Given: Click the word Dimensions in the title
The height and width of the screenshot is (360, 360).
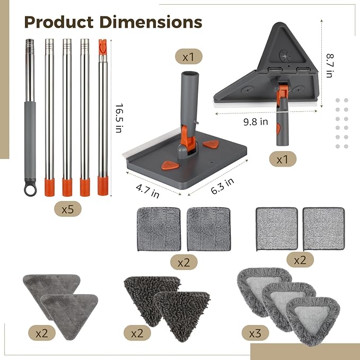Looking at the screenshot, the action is (x=151, y=22).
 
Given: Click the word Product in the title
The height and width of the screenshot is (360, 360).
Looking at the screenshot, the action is (x=59, y=22).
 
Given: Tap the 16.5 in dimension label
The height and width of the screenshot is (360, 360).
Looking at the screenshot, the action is (x=119, y=118).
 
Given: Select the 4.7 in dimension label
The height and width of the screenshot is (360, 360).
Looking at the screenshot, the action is (x=147, y=191).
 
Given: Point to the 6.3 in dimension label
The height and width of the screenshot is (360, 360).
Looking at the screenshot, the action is (x=222, y=186).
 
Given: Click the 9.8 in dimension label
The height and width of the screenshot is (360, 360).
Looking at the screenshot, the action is (x=256, y=122).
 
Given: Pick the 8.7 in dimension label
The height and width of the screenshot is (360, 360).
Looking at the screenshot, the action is (x=330, y=65).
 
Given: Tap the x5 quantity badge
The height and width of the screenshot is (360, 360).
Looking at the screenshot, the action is (x=68, y=209).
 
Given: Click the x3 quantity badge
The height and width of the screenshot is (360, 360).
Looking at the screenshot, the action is (x=255, y=333).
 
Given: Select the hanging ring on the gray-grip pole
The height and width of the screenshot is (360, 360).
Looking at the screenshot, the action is (x=30, y=190).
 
